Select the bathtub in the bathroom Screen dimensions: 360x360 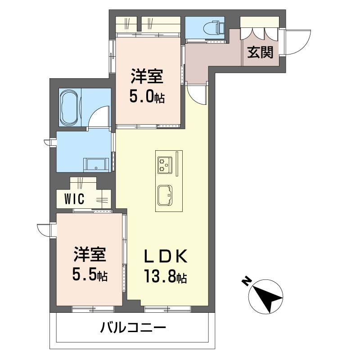[x=69, y=108]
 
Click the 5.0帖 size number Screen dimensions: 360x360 [x=147, y=96]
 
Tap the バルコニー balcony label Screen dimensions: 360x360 [x=133, y=327]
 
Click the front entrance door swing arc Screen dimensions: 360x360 [x=295, y=43]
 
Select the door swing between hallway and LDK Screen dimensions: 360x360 [x=197, y=94]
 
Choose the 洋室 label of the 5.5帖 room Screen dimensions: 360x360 [x=90, y=255]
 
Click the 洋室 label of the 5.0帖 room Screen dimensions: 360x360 [x=147, y=76]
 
